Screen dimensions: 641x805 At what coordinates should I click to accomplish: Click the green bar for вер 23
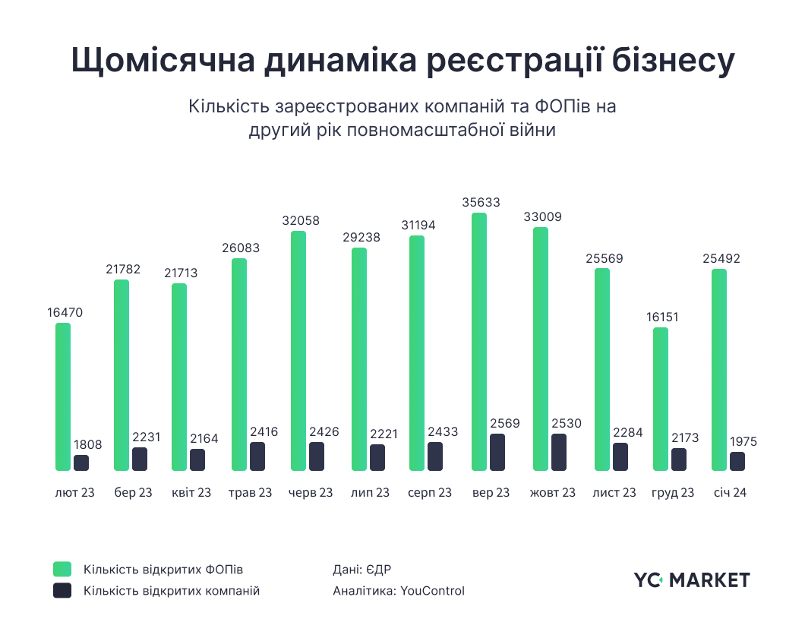click(479, 342)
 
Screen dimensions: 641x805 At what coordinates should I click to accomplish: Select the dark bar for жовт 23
click(558, 453)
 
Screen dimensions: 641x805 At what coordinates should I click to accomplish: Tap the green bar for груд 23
click(661, 399)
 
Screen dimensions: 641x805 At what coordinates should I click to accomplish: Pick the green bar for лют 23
click(63, 396)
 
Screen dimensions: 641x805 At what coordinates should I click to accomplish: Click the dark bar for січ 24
click(737, 462)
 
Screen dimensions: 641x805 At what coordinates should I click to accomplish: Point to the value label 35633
click(480, 203)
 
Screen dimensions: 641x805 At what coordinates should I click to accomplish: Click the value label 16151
click(661, 317)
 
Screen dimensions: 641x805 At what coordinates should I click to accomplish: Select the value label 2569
click(499, 423)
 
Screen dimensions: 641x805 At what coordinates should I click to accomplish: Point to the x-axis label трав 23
click(250, 493)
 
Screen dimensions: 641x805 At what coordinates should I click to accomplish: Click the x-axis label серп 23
click(430, 493)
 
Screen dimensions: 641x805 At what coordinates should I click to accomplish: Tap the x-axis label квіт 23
click(191, 493)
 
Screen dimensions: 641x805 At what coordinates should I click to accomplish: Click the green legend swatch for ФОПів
click(62, 569)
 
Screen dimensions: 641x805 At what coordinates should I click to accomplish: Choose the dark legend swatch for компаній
click(62, 591)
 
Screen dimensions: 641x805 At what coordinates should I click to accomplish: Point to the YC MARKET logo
click(691, 580)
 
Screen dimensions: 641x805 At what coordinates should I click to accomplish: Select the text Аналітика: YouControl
click(399, 591)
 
